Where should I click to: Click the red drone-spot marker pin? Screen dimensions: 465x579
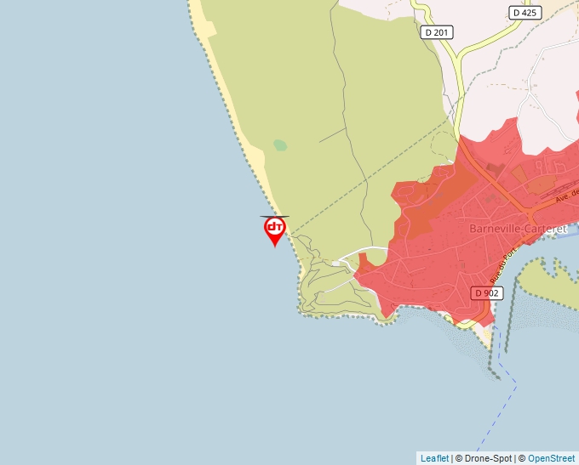coord(274,229)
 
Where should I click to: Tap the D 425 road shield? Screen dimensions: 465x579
coord(526,13)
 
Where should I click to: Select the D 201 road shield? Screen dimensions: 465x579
coord(437,32)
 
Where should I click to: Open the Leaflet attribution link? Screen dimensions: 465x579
coord(434,458)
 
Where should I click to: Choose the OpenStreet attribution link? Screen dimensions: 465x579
coord(551,458)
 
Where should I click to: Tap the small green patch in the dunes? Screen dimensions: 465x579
coord(280,145)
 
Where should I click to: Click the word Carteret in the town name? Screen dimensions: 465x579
coord(547,229)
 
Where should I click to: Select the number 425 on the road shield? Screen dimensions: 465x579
coord(530,13)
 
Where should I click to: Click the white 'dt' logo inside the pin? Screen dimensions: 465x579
coord(274,226)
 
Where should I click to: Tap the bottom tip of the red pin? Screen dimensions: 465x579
coord(274,247)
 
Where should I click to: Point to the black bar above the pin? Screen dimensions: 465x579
coord(274,217)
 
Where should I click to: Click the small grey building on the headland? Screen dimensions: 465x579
coord(337,264)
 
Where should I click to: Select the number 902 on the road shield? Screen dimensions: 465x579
coord(491,293)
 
